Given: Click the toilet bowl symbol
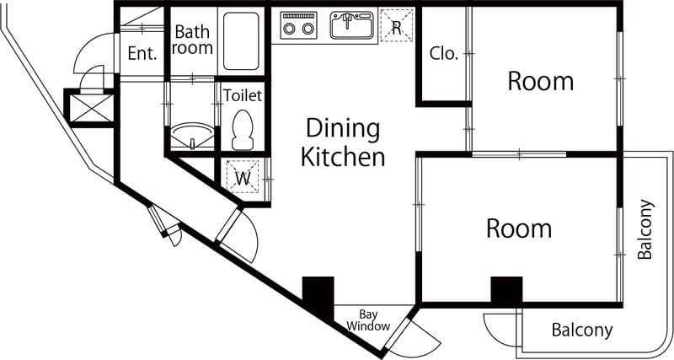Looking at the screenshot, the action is pos(243,130).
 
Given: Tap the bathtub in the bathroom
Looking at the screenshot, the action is pos(241,40).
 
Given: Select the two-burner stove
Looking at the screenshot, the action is pos(298,26).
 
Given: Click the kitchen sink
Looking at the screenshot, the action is pos(350,25).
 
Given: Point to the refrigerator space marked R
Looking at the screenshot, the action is pos(396,25).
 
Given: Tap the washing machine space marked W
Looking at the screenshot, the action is pos(243,176).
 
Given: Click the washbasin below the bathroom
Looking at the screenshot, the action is pos(192,136).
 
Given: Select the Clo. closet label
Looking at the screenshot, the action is pos(443,54).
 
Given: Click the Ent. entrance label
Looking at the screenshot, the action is pos(142,54).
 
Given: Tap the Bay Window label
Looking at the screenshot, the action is pos(368,320).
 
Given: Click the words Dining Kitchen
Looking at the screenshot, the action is pos(343,143).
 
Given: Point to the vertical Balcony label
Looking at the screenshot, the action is pos(645,229).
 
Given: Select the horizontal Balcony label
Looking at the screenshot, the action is pos(582,330).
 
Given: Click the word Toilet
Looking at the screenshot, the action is pos(243,95).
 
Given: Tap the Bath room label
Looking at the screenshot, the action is pos(193,40).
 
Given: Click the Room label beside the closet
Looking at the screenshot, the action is pos(540,81).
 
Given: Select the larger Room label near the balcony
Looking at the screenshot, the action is pos(519,228).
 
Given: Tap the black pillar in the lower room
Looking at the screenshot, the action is pos(507,291).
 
